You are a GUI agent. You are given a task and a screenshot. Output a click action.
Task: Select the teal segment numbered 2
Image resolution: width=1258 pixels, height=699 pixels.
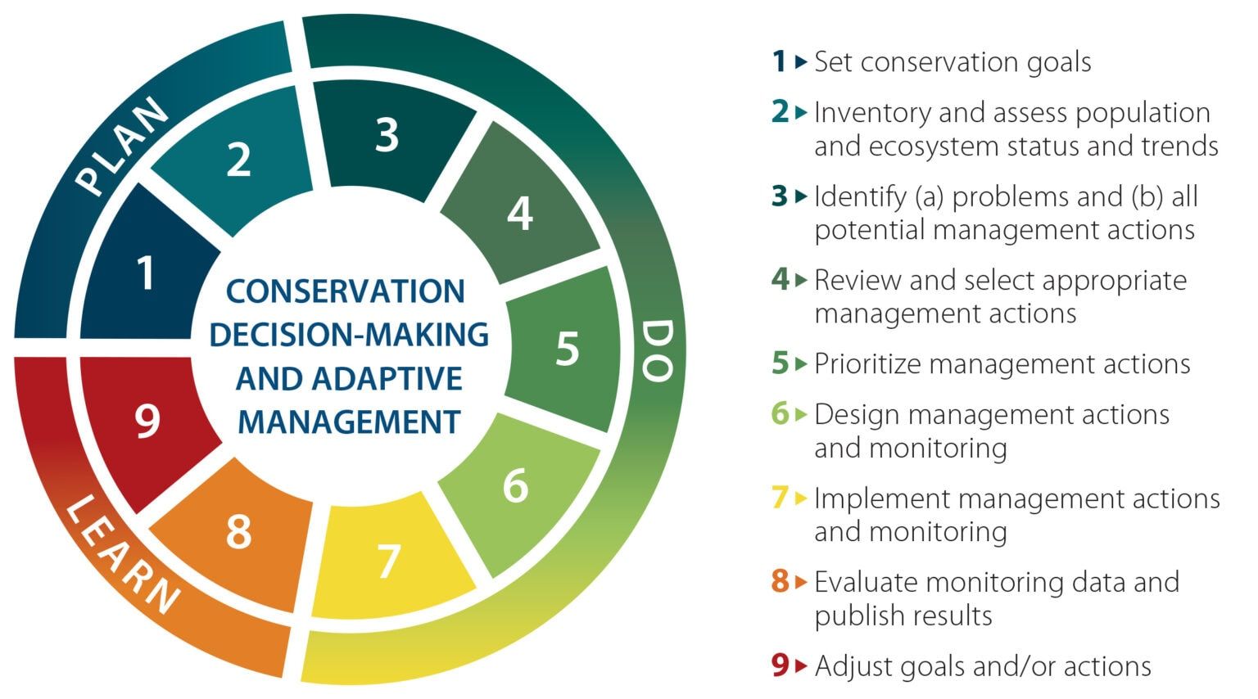pos(238,159)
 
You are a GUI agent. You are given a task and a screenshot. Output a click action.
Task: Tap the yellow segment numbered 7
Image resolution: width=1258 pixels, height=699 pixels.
pos(388,560)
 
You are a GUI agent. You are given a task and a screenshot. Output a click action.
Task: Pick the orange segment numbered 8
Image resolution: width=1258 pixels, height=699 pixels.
pos(238,532)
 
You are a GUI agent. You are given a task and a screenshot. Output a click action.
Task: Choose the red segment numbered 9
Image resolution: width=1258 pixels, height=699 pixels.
pos(147,422)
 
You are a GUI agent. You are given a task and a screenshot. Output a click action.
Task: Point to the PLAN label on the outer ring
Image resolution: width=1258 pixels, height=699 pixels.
pos(123,147)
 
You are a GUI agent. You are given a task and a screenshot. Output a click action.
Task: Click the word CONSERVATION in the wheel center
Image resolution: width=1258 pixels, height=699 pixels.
pos(346,291)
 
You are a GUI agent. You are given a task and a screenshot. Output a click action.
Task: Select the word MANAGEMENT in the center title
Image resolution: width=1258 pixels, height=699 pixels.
pos(349,422)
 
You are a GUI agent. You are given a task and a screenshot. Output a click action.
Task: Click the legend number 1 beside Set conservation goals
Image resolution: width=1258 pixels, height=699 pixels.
pos(779,62)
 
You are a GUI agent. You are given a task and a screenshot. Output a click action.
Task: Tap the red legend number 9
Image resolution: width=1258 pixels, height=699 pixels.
pos(780,665)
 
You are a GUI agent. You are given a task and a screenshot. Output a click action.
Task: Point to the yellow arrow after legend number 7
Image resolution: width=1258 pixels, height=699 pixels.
pos(801,498)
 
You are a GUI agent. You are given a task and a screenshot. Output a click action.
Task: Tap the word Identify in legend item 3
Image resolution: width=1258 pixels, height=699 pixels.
pos(860,196)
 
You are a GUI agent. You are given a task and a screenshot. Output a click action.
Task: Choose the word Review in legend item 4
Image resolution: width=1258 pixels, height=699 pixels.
pos(858,280)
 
